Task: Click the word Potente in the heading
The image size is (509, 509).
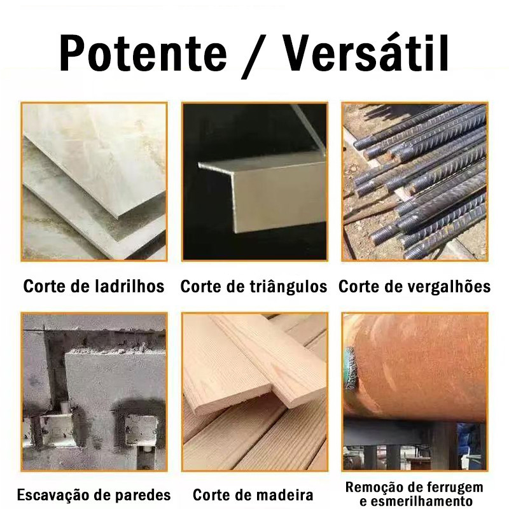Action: (x=143, y=52)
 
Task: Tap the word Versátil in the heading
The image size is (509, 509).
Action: (x=365, y=52)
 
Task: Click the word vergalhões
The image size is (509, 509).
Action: (x=450, y=287)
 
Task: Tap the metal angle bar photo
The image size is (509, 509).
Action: (x=255, y=182)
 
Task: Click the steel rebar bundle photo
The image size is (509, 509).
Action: (x=415, y=182)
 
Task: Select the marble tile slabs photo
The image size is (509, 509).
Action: (x=94, y=182)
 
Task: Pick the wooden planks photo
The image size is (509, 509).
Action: (x=255, y=392)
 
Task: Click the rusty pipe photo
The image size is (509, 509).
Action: (x=415, y=392)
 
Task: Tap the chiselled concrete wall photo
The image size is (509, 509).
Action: (x=94, y=392)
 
